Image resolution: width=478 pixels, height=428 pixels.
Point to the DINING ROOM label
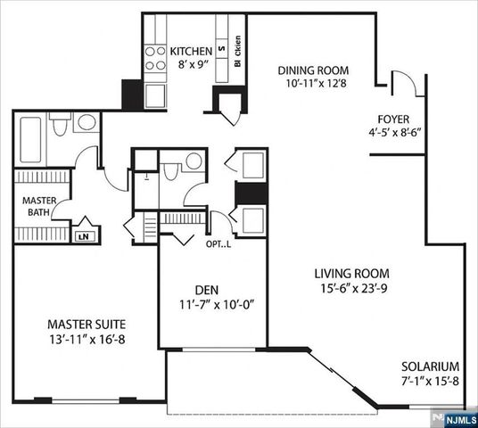pos(312,70)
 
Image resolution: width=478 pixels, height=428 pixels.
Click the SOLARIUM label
pos(429,366)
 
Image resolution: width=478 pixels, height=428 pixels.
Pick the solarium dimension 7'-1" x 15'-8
pos(429,381)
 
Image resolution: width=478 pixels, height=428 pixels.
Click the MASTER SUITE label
pos(87,323)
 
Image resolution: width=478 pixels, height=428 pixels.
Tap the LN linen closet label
pos(85,236)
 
